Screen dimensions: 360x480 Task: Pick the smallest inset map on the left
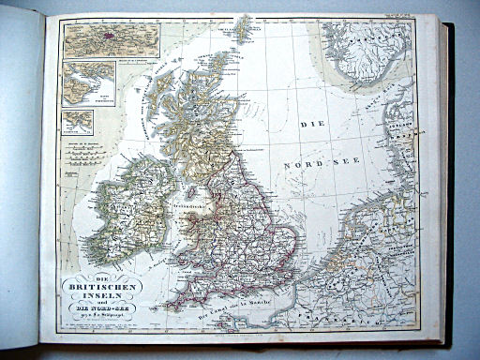(x=78, y=121)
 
